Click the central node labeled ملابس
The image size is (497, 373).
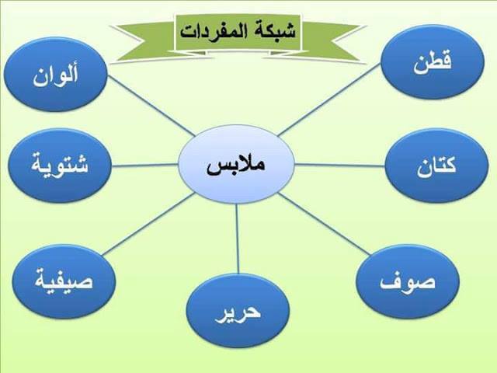click(x=236, y=166)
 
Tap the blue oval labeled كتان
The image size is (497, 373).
click(x=435, y=166)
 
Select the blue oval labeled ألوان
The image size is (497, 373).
click(x=55, y=76)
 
